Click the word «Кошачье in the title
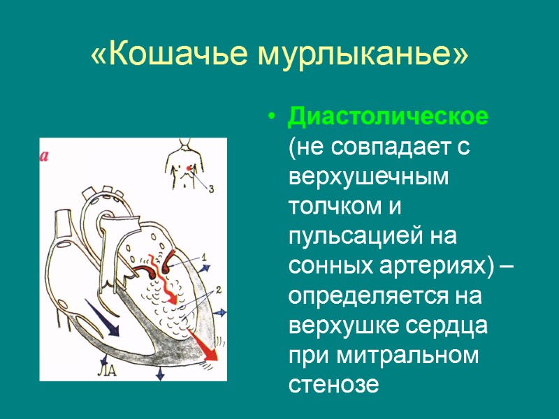168,54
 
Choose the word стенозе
333,385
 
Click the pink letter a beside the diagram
44,156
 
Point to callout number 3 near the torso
212,189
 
